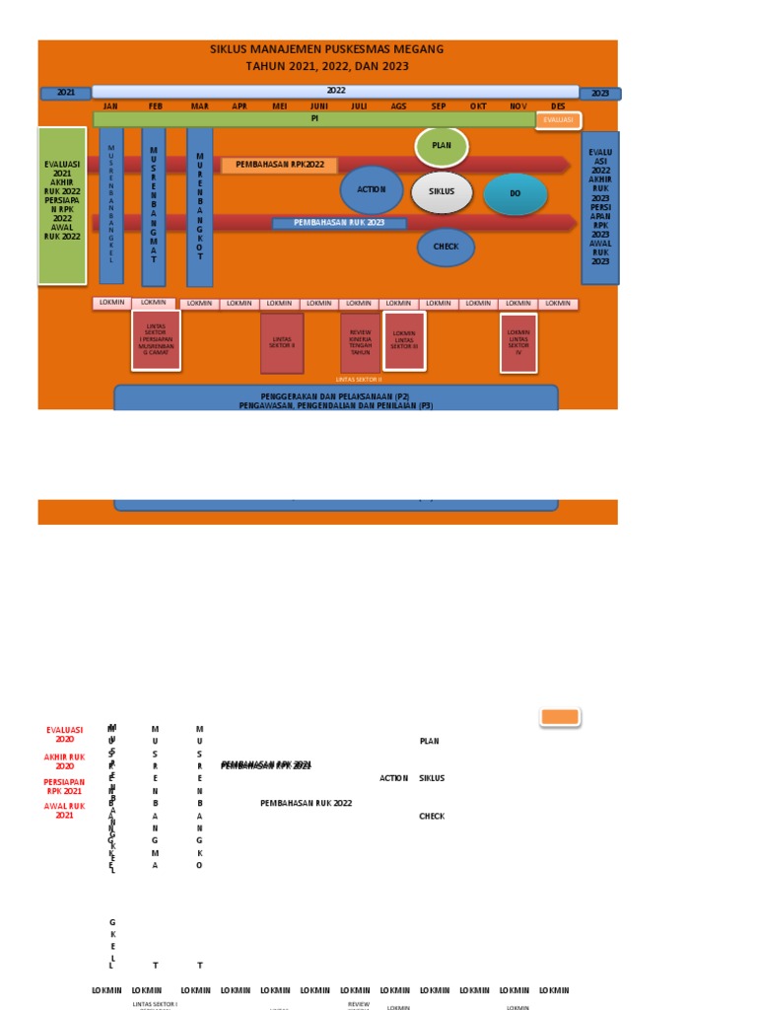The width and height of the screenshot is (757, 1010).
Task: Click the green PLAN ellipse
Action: pos(442,146)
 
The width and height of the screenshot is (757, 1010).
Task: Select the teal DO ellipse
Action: pos(516,194)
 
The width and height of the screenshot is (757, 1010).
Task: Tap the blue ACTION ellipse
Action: pos(372,189)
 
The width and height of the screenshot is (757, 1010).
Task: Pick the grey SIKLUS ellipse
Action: pos(442,192)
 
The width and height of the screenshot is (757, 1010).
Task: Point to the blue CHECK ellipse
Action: pos(446,247)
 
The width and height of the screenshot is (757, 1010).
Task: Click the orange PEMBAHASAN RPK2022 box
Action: pos(279,165)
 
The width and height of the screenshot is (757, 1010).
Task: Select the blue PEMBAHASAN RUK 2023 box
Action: pos(339,223)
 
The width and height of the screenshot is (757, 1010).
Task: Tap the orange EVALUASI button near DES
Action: pos(558,120)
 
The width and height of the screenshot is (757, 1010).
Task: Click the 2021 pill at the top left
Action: pos(65,93)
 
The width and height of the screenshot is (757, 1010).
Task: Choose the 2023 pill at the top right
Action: pos(599,94)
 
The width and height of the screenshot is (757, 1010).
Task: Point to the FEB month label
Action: pos(156,107)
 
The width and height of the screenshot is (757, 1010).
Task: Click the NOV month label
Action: pos(518,107)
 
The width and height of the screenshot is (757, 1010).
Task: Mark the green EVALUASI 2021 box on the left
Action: pos(62,205)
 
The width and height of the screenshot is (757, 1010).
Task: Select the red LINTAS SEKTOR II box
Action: pos(282,342)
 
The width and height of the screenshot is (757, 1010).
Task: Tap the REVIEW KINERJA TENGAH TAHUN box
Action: pos(360,342)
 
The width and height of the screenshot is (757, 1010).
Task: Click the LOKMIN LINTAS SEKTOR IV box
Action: pos(518,342)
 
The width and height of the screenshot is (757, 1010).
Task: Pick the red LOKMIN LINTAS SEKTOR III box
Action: pos(404,340)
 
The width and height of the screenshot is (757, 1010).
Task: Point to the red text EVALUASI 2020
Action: pos(65,735)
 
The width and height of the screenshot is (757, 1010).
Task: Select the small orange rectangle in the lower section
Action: pos(560,717)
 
